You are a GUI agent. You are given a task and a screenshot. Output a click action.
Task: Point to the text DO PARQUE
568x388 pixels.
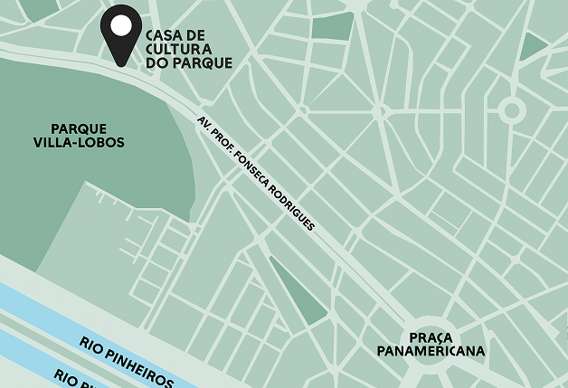click(x=189, y=63)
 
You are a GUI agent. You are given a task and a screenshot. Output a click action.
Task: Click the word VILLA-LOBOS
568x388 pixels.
click(x=79, y=143)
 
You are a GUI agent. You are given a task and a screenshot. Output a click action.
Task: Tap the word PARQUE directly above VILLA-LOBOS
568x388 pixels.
click(x=79, y=128)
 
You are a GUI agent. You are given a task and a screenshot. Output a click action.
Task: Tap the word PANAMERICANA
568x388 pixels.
click(x=431, y=351)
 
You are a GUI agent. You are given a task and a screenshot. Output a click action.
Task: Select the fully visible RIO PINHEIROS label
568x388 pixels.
click(x=126, y=360)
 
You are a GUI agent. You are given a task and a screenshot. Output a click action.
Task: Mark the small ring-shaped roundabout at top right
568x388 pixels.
click(x=512, y=111)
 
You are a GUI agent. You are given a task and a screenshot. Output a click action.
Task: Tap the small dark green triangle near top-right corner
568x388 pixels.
click(x=534, y=46)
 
